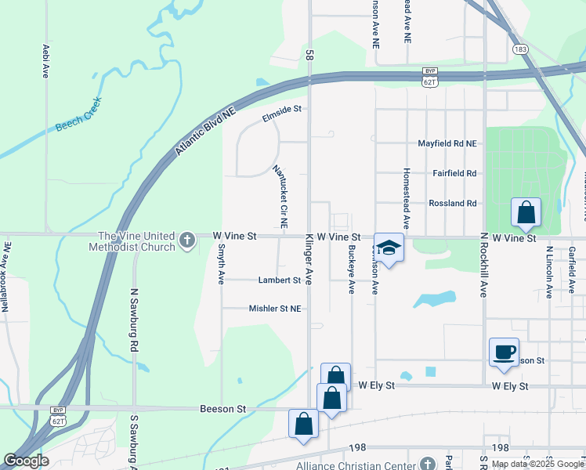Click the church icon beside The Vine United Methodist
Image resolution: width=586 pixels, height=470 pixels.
pos(187,240)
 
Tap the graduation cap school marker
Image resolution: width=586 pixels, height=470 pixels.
pos(389,248)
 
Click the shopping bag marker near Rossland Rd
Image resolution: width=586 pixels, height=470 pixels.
pos(526,211)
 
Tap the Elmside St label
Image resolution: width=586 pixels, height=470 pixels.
pos(282,110)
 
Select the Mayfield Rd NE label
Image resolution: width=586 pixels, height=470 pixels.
pos(447,143)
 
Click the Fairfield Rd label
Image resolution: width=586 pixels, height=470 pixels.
pos(454,173)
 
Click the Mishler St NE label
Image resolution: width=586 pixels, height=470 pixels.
pos(275,309)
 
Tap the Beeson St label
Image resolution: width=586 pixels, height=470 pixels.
pos(223,409)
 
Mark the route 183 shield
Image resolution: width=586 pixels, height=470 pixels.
pos(521,49)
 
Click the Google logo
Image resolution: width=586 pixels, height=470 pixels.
pos(26,461)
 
